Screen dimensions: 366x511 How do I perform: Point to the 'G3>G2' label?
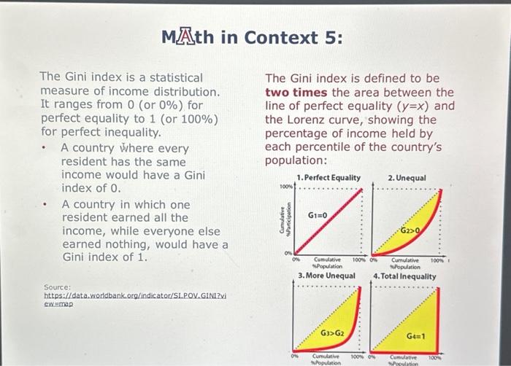(x=332, y=332)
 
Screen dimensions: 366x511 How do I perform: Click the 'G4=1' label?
(x=416, y=336)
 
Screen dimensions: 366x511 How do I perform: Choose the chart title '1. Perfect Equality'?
(x=328, y=178)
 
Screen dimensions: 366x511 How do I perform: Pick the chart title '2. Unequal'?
(x=407, y=178)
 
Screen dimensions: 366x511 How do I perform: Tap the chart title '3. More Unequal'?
(x=326, y=276)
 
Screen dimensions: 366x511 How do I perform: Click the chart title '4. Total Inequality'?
(x=404, y=276)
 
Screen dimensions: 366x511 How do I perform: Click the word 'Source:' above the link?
(x=58, y=288)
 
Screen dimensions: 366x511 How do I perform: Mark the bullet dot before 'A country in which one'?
(x=45, y=205)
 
